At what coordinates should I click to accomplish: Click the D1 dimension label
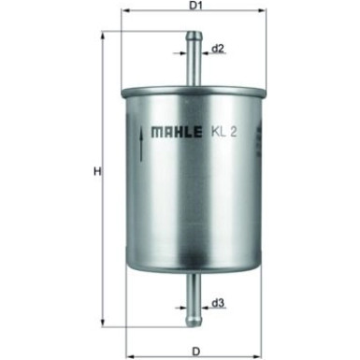tap(195, 6)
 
